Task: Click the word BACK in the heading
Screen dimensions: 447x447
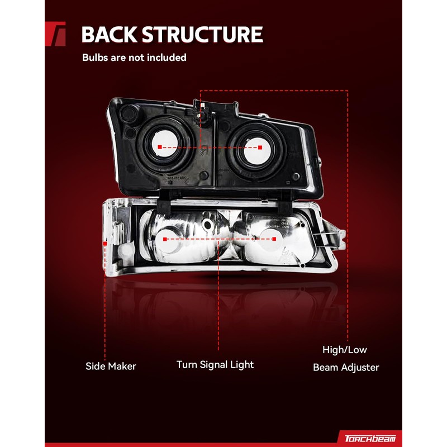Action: pyautogui.click(x=109, y=35)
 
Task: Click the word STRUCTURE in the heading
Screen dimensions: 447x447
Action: pyautogui.click(x=201, y=35)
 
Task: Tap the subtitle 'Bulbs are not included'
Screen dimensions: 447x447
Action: pyautogui.click(x=134, y=58)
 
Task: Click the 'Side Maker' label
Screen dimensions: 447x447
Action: pyautogui.click(x=111, y=367)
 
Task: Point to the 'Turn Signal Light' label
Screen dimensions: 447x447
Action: pyautogui.click(x=215, y=365)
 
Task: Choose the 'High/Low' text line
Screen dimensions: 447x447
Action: pyautogui.click(x=345, y=350)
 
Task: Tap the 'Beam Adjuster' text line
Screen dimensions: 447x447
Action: pyautogui.click(x=346, y=367)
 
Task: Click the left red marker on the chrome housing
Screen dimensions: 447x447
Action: pyautogui.click(x=165, y=239)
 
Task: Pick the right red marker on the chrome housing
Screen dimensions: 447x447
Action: pyautogui.click(x=274, y=239)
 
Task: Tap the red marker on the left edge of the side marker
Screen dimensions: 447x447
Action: pyautogui.click(x=105, y=243)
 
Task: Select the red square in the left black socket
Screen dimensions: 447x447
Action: pyautogui.click(x=159, y=147)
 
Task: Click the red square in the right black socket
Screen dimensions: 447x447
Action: pyautogui.click(x=260, y=148)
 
